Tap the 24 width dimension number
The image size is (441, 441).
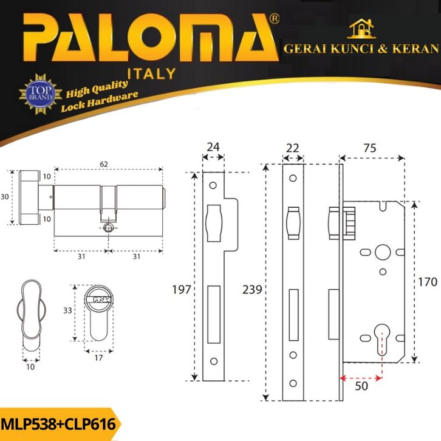pos(213,147)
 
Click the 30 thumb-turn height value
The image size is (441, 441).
pos(5,197)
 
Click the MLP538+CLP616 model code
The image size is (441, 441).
pos(58,423)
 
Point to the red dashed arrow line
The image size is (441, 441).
pos(362,378)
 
